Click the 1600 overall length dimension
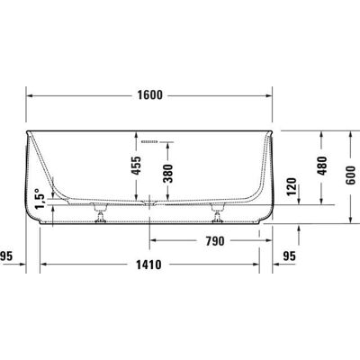(149, 95)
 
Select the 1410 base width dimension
(148, 265)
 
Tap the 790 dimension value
(215, 241)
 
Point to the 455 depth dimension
(137, 166)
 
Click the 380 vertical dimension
(167, 174)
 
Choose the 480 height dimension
(322, 166)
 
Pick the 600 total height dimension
(351, 175)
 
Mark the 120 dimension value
(292, 186)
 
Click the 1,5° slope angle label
(40, 199)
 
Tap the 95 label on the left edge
(6, 256)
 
